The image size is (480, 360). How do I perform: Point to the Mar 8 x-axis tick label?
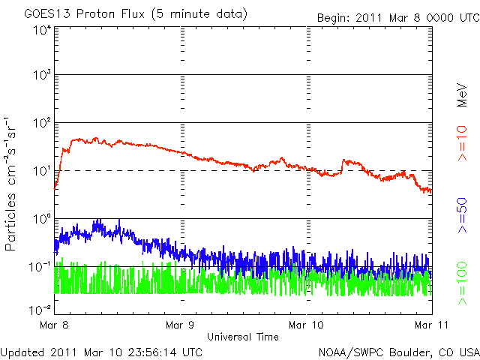(x=55, y=325)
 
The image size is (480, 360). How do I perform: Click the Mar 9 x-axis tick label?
(x=181, y=325)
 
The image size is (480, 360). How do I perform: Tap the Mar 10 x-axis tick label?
(x=307, y=325)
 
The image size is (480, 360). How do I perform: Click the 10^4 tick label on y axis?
(x=42, y=29)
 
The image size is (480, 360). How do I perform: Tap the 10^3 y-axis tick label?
(x=42, y=76)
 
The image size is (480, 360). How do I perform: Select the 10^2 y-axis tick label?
(x=42, y=122)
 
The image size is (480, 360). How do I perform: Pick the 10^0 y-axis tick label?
(x=42, y=218)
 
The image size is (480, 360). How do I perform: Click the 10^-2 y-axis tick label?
(x=40, y=309)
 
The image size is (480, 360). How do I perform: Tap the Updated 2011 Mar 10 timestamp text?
(x=102, y=351)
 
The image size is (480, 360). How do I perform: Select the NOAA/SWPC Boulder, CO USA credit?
(x=398, y=351)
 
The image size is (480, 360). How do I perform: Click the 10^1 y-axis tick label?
(x=42, y=170)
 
